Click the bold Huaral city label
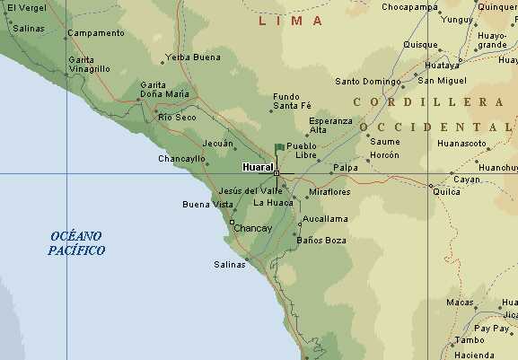[257, 167]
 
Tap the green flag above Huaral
[279, 147]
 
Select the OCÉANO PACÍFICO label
[76, 242]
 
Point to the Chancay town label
[252, 228]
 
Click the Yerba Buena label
[193, 57]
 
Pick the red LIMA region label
[291, 19]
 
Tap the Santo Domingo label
[367, 81]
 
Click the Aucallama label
[325, 218]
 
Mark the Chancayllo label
[181, 158]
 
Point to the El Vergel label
[26, 7]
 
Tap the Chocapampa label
[409, 7]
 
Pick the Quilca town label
[446, 191]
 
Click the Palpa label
[346, 167]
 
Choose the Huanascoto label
[461, 143]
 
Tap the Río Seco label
[177, 117]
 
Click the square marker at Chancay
[232, 222]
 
